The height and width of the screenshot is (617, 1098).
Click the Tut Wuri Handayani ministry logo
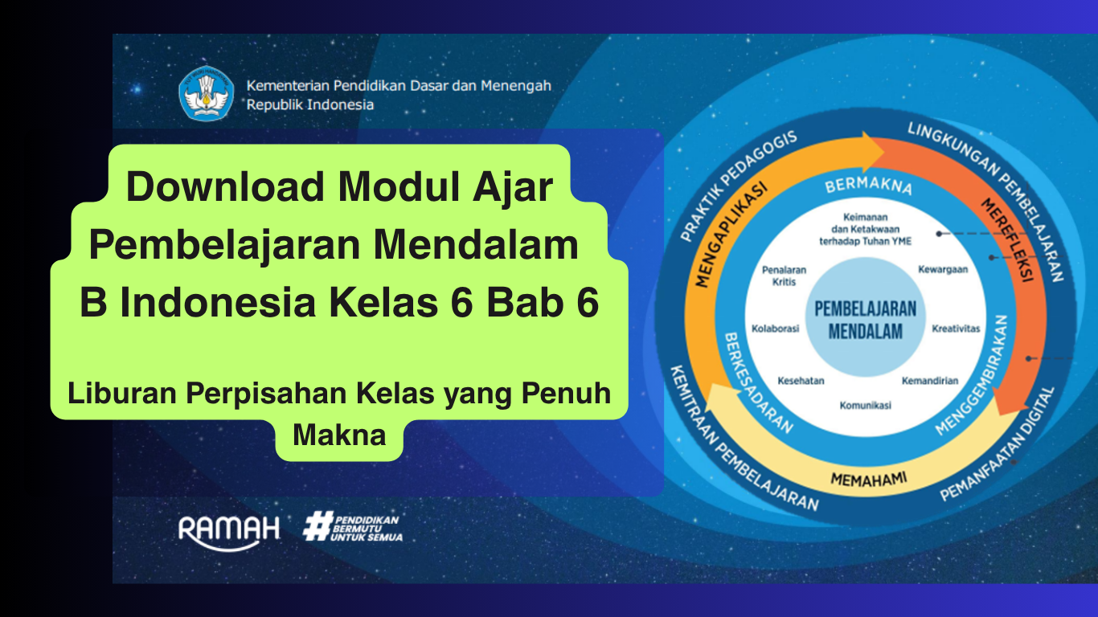click(207, 93)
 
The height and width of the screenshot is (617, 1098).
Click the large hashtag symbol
click(318, 526)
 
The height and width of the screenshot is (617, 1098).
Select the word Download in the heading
click(225, 186)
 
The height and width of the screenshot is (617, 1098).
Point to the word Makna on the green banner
click(339, 435)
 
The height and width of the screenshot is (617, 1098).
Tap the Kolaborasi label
click(776, 329)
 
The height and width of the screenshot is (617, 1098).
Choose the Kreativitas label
click(956, 329)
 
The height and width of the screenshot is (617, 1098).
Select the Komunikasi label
click(866, 405)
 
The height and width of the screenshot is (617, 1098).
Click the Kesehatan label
click(801, 381)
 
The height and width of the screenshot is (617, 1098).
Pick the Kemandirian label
click(930, 381)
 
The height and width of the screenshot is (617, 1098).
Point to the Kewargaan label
click(943, 270)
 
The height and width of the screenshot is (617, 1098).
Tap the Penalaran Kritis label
click(785, 276)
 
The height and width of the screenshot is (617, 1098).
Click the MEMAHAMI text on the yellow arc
click(868, 479)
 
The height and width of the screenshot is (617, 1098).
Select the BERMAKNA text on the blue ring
click(868, 186)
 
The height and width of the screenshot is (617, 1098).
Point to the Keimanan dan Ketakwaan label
click(866, 229)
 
